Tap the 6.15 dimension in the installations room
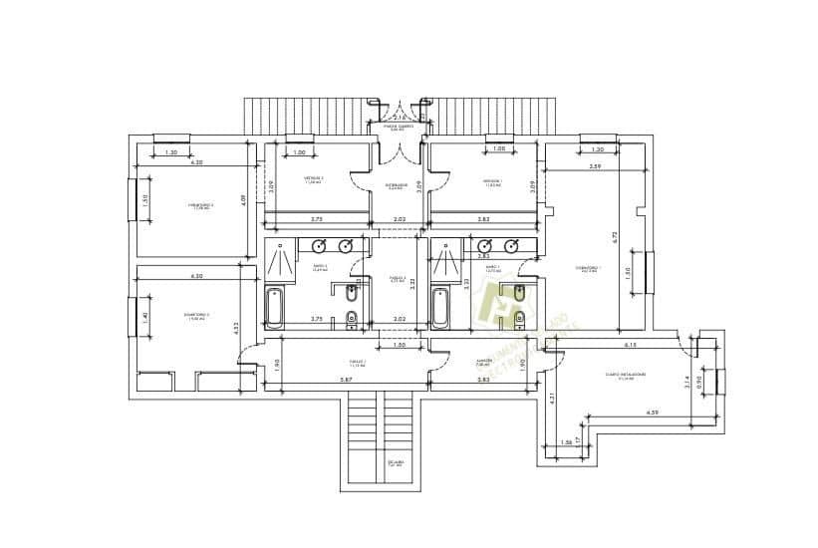tap(631, 345)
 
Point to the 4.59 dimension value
tap(652, 411)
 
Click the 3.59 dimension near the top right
tap(595, 165)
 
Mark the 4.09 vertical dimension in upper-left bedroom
tap(242, 198)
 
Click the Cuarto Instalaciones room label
tap(626, 376)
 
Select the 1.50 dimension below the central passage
tap(399, 345)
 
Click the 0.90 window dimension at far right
tap(699, 381)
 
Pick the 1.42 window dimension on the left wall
tap(144, 317)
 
